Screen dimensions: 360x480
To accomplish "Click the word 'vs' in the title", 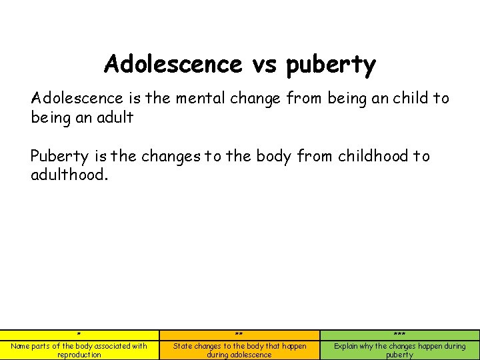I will coord(265,65).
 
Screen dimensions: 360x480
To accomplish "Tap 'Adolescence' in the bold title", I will coord(172,65).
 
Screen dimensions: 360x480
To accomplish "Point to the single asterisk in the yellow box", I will coord(79,335).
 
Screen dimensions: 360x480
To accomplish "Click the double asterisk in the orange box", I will coord(239,335).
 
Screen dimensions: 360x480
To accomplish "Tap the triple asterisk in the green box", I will coord(399,335).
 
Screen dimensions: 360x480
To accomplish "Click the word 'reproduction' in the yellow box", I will coord(79,355).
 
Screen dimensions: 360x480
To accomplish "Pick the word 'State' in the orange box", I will coord(183,346).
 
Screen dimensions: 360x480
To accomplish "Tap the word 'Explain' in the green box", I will coord(347,346).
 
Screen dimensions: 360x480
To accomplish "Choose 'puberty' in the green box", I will coord(399,355).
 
